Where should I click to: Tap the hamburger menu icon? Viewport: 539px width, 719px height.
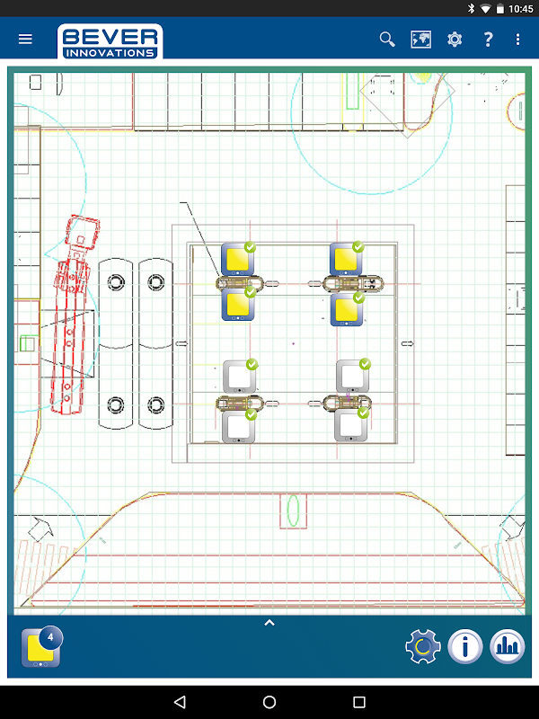click(25, 39)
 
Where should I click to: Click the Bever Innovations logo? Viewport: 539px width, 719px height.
click(110, 41)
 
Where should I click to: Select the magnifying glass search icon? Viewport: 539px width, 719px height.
click(387, 40)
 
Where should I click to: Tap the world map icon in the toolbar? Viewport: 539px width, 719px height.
click(420, 40)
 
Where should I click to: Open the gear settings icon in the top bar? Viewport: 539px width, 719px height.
click(455, 40)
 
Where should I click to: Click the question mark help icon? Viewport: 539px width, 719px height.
click(488, 40)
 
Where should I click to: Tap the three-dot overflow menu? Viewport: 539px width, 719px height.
click(518, 40)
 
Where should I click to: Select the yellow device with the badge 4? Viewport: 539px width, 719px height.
click(40, 648)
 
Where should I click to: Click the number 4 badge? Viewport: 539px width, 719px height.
click(50, 637)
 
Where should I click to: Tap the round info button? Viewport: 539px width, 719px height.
click(464, 646)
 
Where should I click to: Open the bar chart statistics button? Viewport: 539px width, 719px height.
click(507, 646)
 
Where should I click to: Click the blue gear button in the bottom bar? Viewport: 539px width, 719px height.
click(422, 646)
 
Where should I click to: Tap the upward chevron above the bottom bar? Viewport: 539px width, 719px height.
click(269, 623)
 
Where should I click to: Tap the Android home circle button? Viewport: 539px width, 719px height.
click(269, 702)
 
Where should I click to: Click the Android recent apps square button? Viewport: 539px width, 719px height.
click(359, 702)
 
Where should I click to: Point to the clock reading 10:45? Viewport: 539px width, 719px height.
click(521, 9)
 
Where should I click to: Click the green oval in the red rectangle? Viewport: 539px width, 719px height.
click(293, 510)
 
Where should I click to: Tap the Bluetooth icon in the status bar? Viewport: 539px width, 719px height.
click(471, 8)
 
